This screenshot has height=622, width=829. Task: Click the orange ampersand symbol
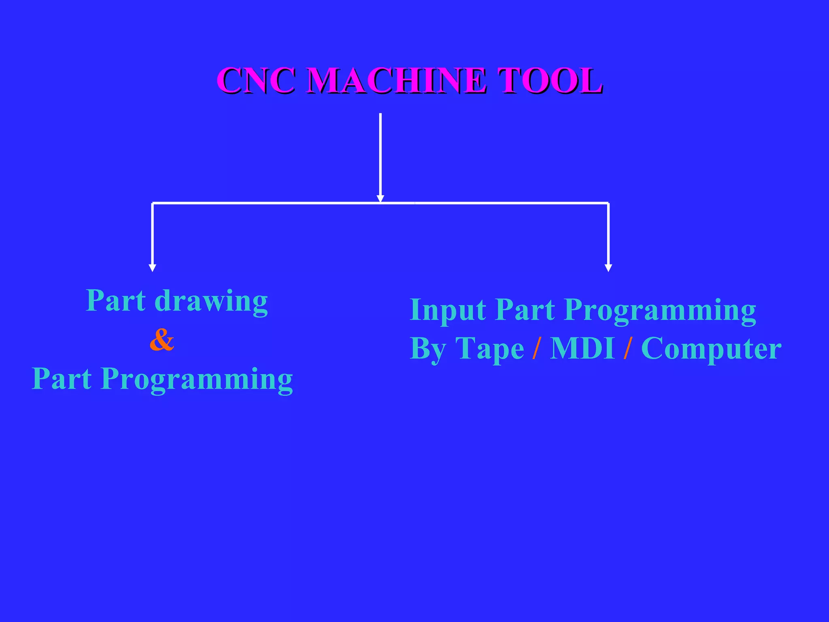coord(162,340)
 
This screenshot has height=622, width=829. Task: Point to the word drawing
coord(211,302)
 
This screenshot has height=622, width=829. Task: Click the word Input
coord(448,310)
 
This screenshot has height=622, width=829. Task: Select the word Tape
coord(489,349)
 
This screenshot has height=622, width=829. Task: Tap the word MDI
coord(583,348)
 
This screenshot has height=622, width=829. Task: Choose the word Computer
coord(711,349)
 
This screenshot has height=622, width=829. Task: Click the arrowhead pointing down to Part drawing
coord(153,268)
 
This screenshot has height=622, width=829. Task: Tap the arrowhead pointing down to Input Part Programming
coord(608,268)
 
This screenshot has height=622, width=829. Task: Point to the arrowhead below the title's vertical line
coord(380,198)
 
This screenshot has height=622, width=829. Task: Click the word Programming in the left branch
coord(197,380)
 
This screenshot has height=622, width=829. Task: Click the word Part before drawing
coord(116,301)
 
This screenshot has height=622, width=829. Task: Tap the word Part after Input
coord(525,310)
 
